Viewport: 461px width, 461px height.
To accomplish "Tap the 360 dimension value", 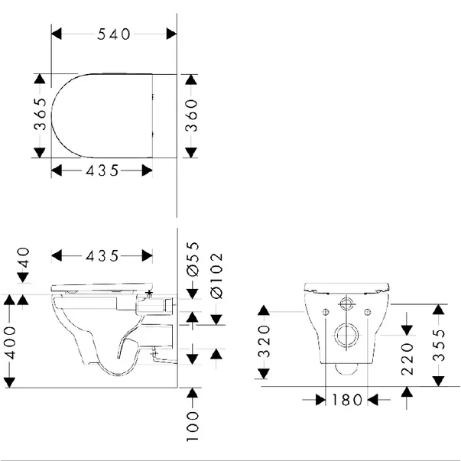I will point(192,115).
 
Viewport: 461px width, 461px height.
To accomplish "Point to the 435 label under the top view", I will point(103,170).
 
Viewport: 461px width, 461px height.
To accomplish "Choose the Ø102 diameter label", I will point(215,274).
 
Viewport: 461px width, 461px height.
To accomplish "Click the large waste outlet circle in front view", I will point(347,336).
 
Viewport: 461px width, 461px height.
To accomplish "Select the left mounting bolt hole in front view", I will point(326,313).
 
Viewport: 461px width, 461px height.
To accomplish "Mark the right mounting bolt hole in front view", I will point(368,313).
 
